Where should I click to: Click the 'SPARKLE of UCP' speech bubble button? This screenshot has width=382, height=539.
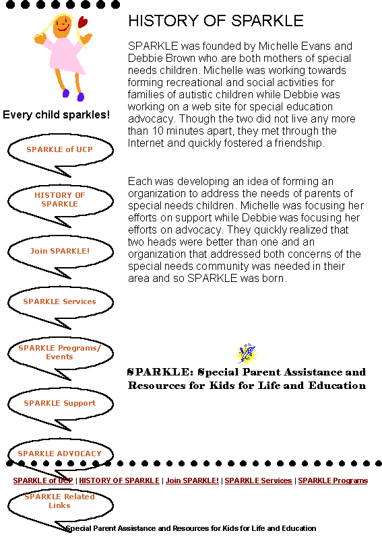[60, 149]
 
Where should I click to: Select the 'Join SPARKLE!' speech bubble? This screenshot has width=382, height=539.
[60, 251]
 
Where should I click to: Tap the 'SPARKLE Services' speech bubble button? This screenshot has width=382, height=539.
[60, 302]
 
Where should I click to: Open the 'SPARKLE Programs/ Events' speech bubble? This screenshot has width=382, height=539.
[60, 353]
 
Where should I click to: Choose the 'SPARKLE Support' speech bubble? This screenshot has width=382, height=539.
[60, 403]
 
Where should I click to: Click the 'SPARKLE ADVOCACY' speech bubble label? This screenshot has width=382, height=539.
[60, 454]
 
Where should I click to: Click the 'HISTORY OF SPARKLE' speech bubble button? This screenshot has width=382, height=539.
[60, 200]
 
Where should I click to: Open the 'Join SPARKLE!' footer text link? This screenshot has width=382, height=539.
[192, 480]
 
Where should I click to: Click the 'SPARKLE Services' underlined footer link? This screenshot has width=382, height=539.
[258, 480]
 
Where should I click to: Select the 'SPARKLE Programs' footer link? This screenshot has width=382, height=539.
[333, 480]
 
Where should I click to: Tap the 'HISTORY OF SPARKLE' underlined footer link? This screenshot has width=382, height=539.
[119, 480]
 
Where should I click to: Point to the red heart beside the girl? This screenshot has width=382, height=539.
[83, 22]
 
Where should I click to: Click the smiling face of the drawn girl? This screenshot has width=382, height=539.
[62, 26]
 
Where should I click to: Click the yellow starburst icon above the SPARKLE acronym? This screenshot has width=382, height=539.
[246, 354]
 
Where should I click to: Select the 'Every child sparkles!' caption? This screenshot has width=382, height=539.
[57, 115]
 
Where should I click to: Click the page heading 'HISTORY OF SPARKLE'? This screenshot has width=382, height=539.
[216, 21]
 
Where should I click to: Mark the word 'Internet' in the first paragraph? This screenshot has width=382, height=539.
[146, 143]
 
